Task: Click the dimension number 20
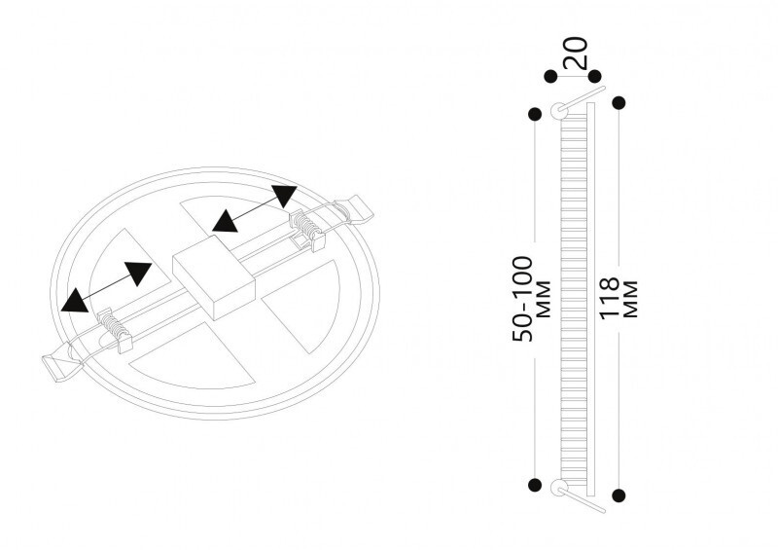coord(575,53)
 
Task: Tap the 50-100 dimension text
coord(522,299)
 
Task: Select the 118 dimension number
coord(610,298)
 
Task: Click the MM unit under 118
coord(630,299)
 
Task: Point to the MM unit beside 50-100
coord(545,299)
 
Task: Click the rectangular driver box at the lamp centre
coord(214,277)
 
